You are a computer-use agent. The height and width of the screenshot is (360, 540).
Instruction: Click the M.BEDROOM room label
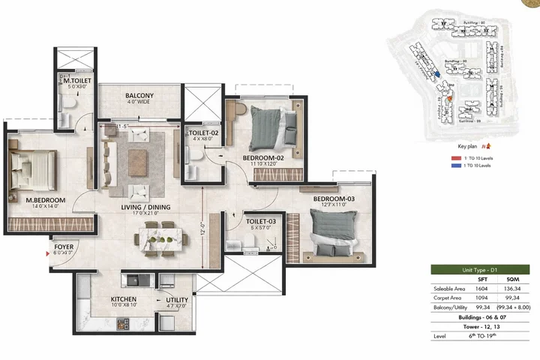(x=46, y=200)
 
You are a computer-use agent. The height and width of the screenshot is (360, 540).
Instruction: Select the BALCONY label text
(x=139, y=96)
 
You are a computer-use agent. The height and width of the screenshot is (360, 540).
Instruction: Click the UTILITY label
(x=178, y=300)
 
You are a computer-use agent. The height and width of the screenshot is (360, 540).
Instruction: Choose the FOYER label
(x=63, y=246)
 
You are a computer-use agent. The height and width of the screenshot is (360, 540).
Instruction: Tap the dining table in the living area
(x=160, y=239)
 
